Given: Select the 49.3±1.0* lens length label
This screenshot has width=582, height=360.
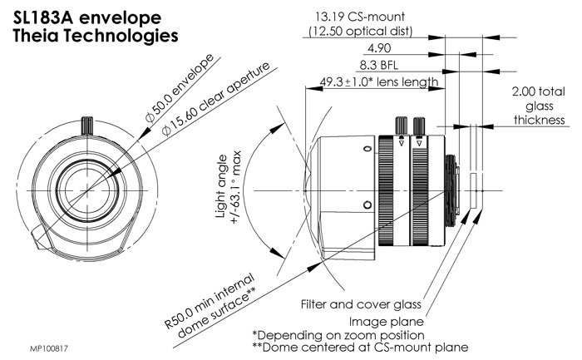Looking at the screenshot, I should (x=367, y=82).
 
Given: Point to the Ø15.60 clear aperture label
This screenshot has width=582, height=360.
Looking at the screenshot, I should (x=199, y=112).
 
